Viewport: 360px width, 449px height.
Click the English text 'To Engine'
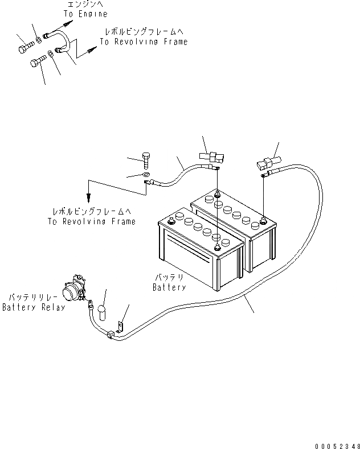pyautogui.click(x=85, y=14)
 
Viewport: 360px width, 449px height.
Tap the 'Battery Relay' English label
pyautogui.click(x=33, y=307)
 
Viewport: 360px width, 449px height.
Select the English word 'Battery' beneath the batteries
pyautogui.click(x=170, y=287)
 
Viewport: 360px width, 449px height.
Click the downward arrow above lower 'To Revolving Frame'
pyautogui.click(x=89, y=199)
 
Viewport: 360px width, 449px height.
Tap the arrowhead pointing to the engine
pyautogui.click(x=69, y=24)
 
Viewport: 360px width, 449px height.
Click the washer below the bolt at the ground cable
pyautogui.click(x=146, y=174)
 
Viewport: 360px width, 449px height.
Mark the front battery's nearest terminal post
pyautogui.click(x=218, y=247)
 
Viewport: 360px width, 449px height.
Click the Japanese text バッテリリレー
pyautogui.click(x=33, y=298)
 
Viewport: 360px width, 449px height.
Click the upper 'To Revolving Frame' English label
pyautogui.click(x=143, y=42)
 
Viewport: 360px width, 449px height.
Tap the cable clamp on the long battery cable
pyautogui.click(x=109, y=336)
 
